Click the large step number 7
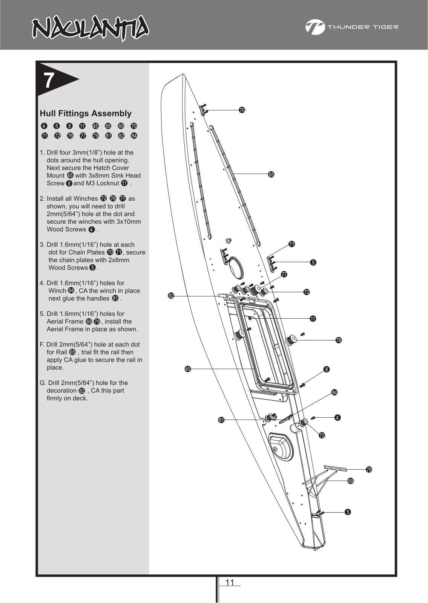(x=48, y=80)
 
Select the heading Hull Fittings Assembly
(x=86, y=113)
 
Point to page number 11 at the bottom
(x=230, y=583)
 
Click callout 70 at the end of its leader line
(x=242, y=110)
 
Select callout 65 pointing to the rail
(x=271, y=174)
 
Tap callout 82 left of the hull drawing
(x=171, y=296)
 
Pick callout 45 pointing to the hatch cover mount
(x=187, y=369)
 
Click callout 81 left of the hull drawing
(x=221, y=420)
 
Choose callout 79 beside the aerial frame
(x=369, y=469)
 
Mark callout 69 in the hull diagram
(x=351, y=481)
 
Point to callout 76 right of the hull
(x=339, y=340)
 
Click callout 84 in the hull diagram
(x=334, y=392)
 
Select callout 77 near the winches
(x=284, y=274)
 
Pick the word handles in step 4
(x=98, y=298)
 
